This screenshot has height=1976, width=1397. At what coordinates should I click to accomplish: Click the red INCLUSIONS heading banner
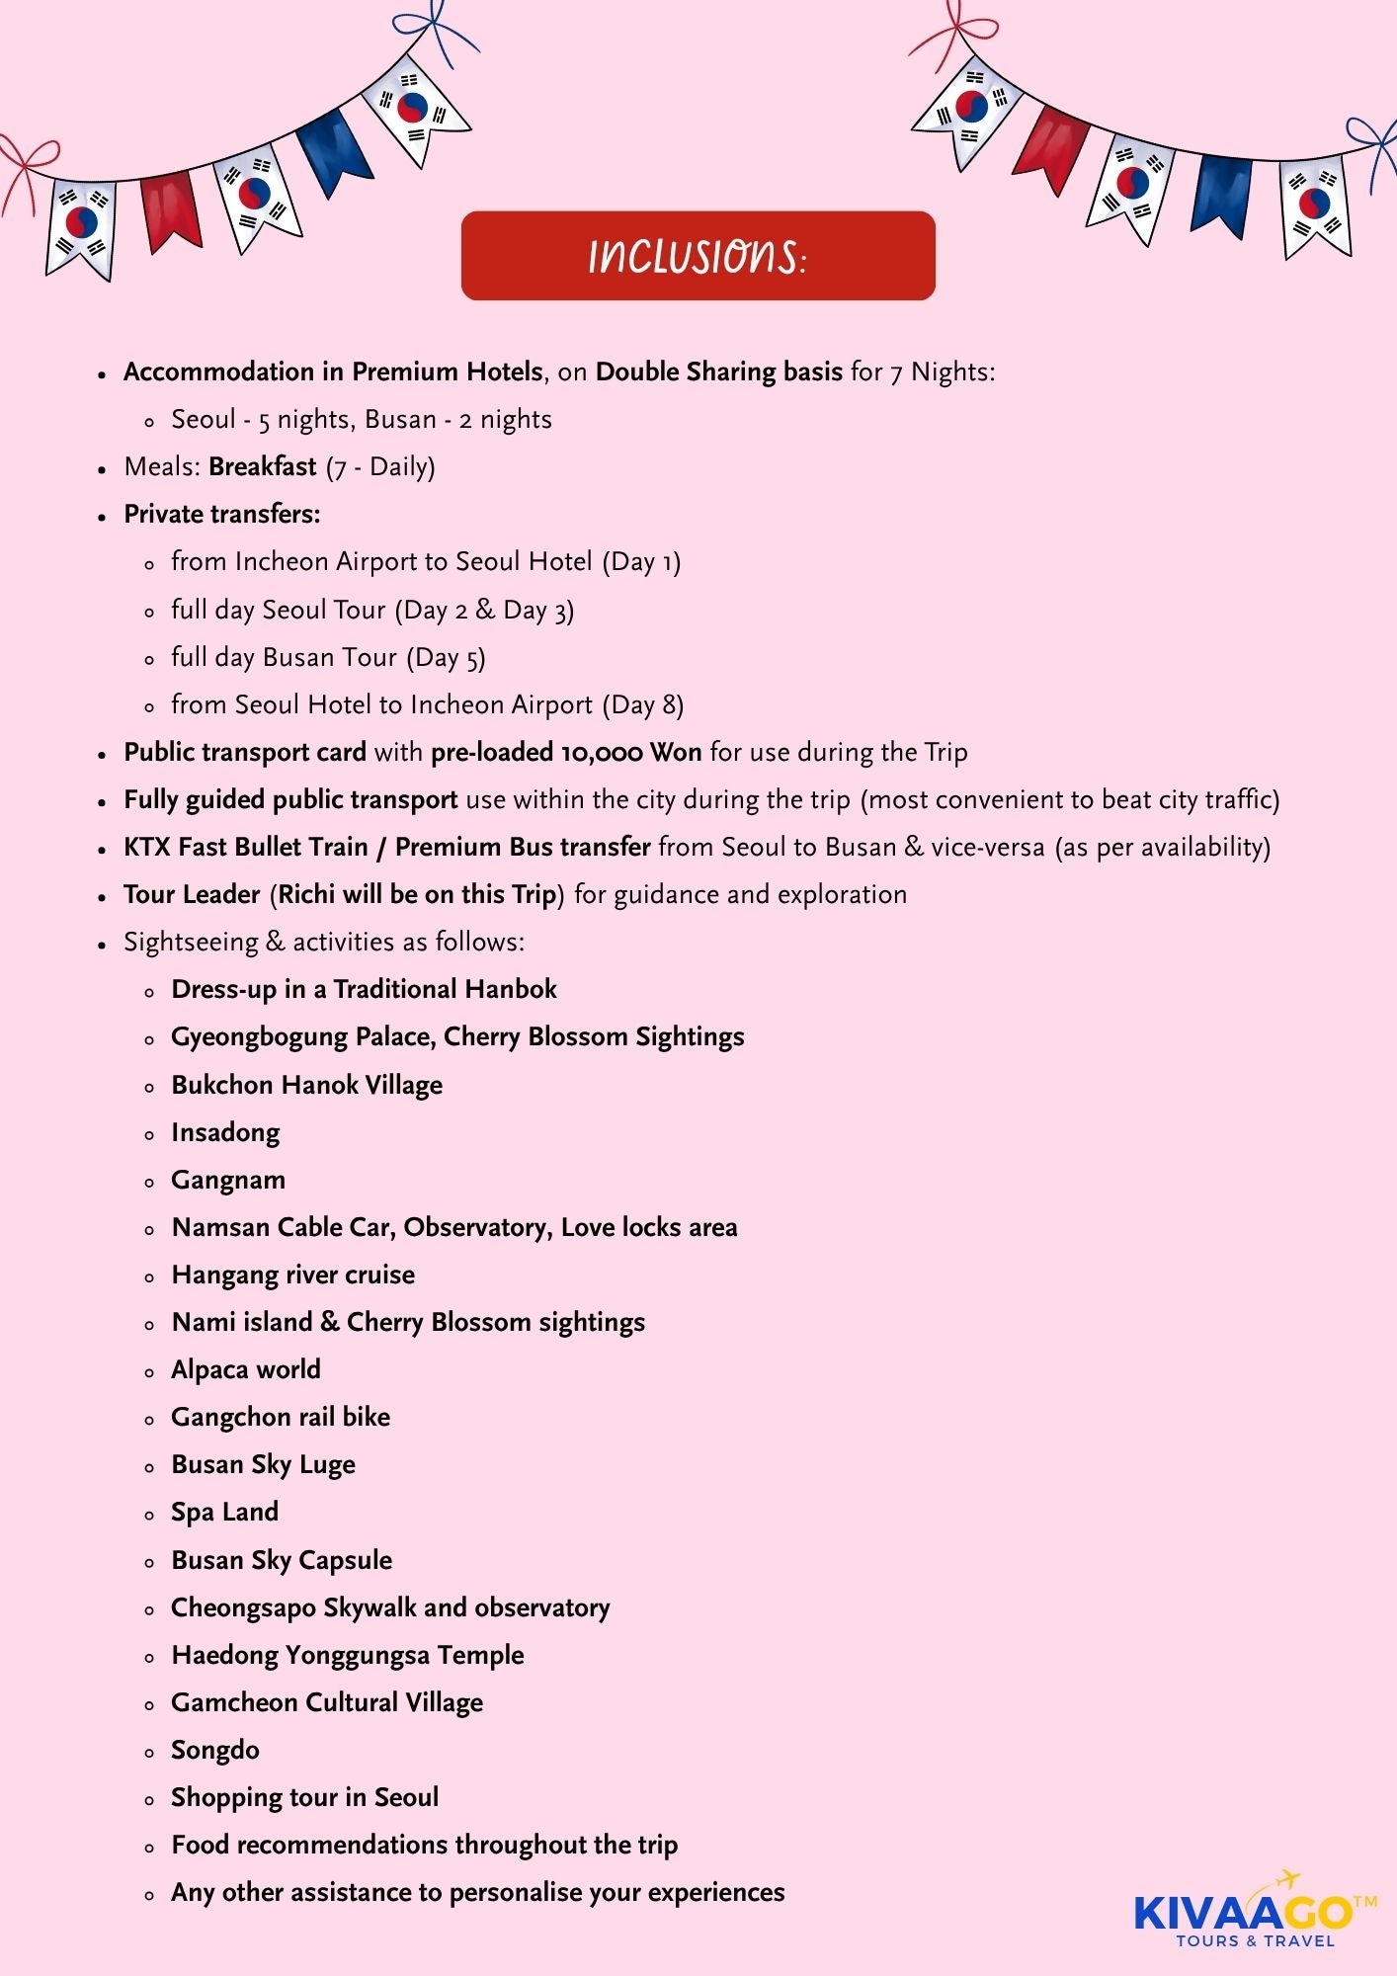[698, 256]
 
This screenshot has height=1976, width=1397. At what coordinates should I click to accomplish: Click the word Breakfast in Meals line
[263, 466]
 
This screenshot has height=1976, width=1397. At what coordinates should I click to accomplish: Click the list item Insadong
[225, 1132]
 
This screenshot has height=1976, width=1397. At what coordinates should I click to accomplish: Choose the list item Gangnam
[228, 1180]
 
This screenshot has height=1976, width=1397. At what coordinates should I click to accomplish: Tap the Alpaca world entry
[246, 1369]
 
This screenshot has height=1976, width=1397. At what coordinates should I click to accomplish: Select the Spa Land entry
[225, 1512]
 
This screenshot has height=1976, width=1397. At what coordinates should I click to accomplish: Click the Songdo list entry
[215, 1750]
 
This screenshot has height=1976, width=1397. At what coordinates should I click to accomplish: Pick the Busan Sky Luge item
[263, 1464]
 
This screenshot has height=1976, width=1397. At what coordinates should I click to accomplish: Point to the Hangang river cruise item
[293, 1275]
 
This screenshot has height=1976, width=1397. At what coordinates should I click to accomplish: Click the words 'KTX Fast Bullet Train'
[245, 847]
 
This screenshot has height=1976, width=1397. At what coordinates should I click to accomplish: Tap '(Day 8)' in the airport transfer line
[643, 704]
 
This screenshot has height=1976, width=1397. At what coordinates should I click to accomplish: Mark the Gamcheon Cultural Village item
[327, 1702]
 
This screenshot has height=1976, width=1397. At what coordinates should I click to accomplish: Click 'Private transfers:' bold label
[222, 514]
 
